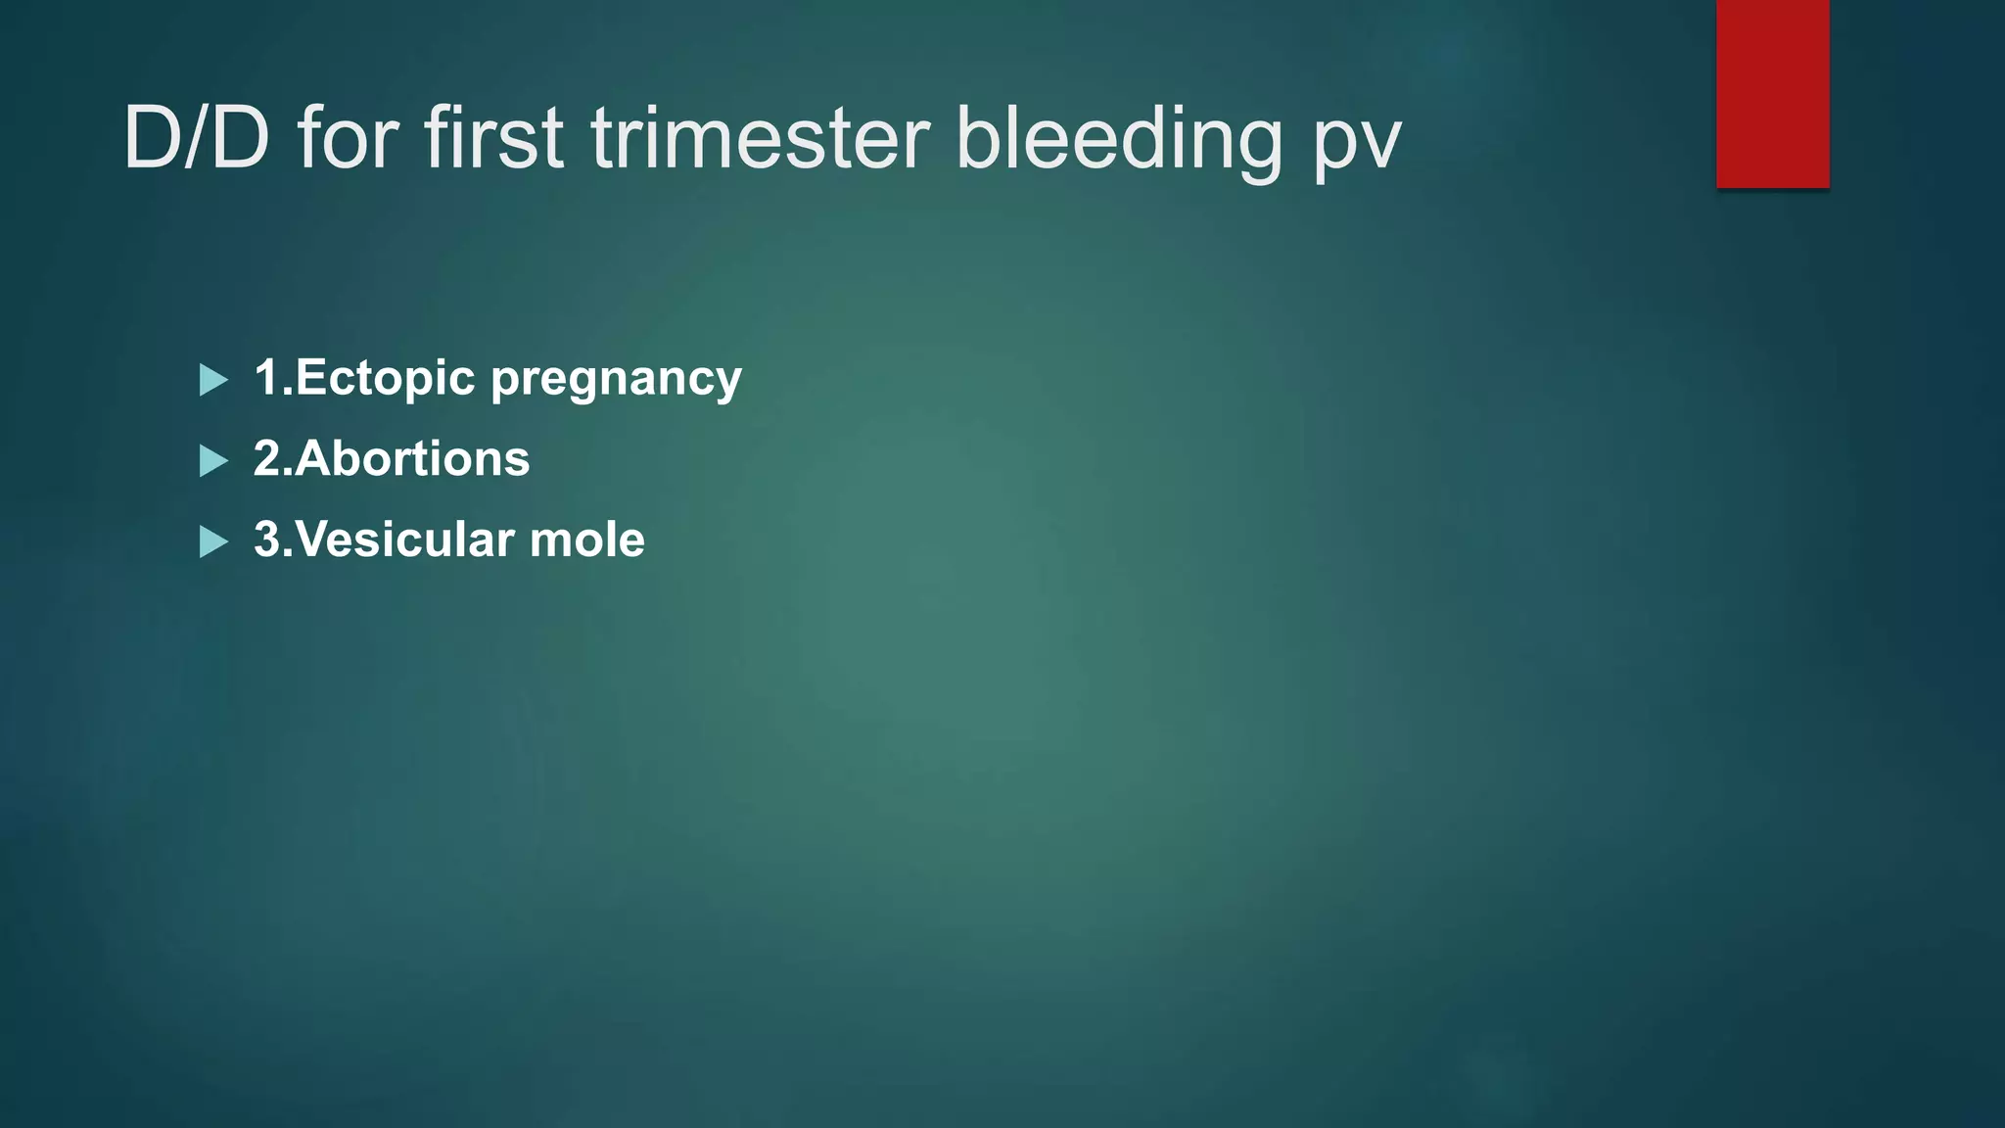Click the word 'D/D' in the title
[x=196, y=139]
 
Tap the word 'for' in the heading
[x=348, y=139]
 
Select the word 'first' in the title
[x=493, y=139]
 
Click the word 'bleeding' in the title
[x=1118, y=139]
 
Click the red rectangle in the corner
[x=1772, y=93]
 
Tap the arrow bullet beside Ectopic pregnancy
[x=212, y=380]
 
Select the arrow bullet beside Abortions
[x=212, y=460]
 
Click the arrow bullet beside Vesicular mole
[x=212, y=541]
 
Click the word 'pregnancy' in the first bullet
[x=616, y=380]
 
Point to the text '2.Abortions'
[x=392, y=458]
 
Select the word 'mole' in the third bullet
[x=586, y=540]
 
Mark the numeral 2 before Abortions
[x=267, y=458]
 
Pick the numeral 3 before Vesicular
[x=267, y=540]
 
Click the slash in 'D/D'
[x=196, y=139]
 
